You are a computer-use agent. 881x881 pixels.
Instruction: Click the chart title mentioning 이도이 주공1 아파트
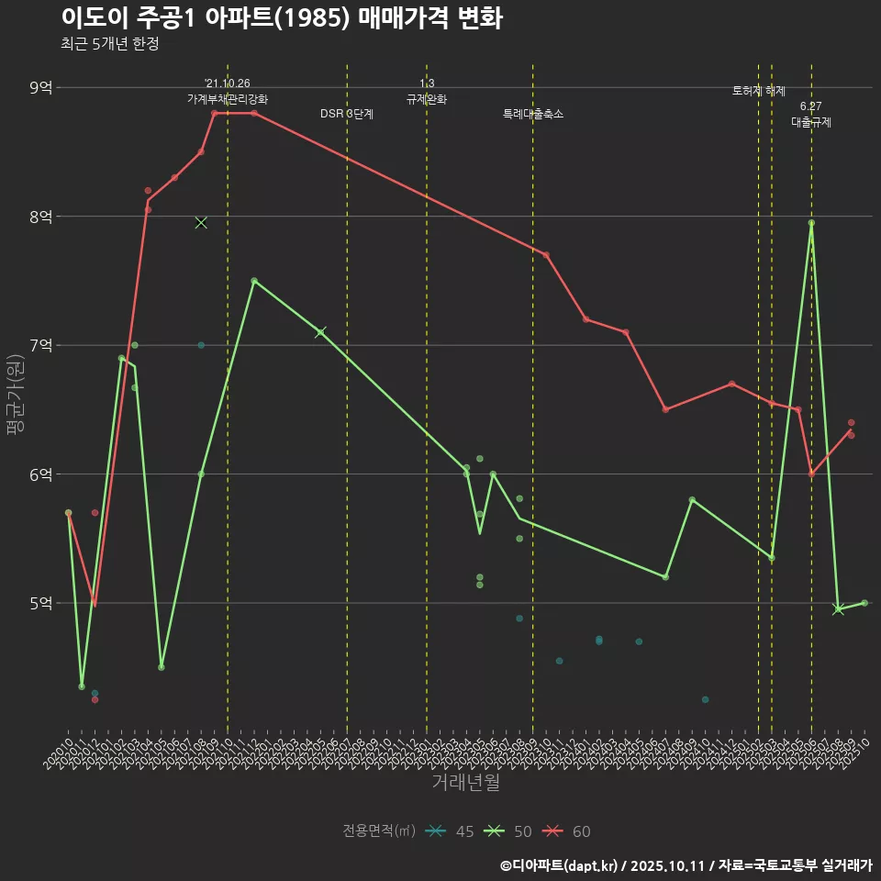pos(281,18)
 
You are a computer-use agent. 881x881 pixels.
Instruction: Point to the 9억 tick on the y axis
pos(41,88)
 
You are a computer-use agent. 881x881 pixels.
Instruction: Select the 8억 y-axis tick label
pos(41,217)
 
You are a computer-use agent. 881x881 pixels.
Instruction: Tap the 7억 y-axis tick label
pos(41,346)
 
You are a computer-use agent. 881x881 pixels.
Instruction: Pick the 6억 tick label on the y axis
pos(41,474)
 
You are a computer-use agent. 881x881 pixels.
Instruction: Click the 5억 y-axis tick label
pos(41,603)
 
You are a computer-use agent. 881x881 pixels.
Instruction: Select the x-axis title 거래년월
pos(465,783)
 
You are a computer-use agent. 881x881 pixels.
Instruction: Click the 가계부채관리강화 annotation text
pos(228,99)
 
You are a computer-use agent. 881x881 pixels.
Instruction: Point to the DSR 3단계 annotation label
pos(347,114)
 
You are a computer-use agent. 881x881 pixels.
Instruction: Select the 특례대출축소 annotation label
pos(533,114)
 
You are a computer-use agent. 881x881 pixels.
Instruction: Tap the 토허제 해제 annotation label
pos(759,91)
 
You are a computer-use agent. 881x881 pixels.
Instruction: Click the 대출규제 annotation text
pos(811,122)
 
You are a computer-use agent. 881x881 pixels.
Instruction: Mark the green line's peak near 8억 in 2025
pos(811,223)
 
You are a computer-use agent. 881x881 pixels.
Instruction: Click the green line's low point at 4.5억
pos(162,667)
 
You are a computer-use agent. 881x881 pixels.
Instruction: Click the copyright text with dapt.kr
pos(686,864)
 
